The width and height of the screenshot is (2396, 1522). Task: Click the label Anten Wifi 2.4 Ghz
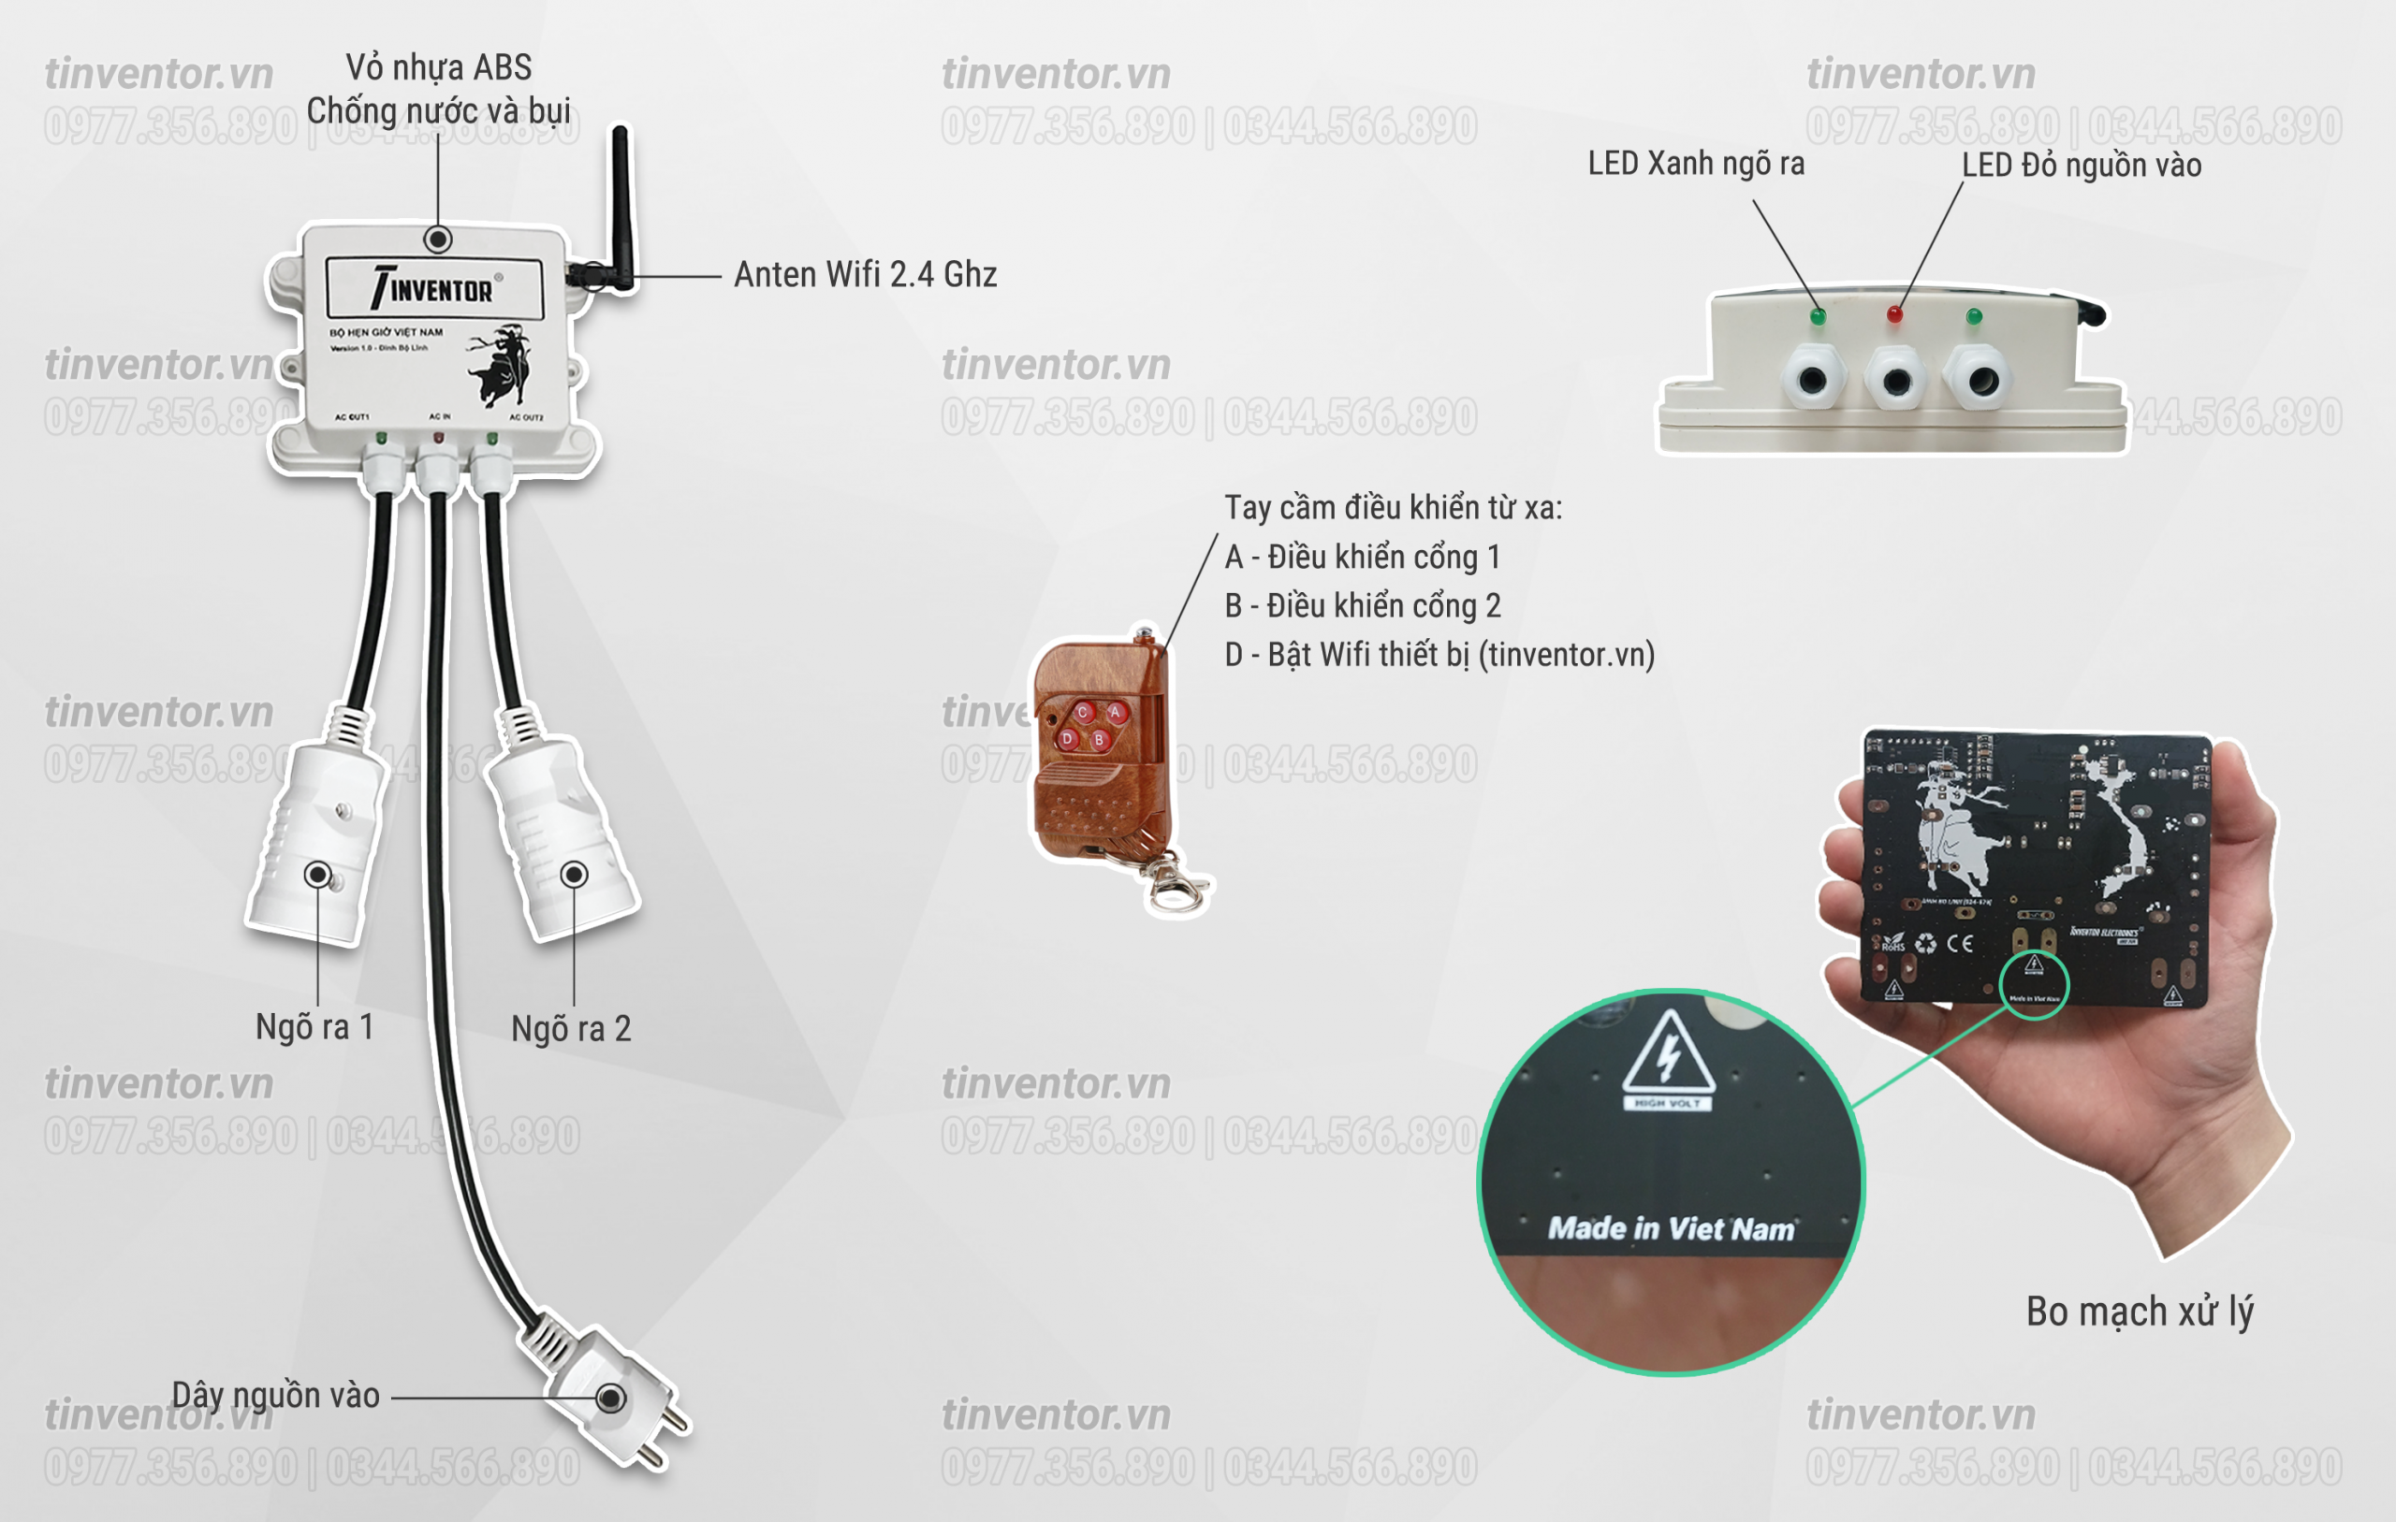click(x=865, y=274)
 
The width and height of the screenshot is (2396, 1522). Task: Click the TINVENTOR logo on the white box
click(x=434, y=288)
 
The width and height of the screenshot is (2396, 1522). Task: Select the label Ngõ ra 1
click(x=314, y=1026)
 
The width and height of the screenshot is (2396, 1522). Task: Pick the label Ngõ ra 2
click(x=571, y=1029)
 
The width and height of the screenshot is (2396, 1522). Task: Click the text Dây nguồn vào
click(x=275, y=1395)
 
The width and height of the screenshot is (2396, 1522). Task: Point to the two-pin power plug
click(x=612, y=1398)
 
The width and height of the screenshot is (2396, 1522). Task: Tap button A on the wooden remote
click(x=1116, y=712)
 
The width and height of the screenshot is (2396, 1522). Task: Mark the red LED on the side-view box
click(x=1894, y=315)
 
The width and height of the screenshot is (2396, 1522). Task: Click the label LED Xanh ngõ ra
click(x=1696, y=163)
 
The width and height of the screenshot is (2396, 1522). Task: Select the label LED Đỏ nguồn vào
click(x=2082, y=166)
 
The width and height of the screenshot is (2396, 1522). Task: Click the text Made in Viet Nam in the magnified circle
click(x=1672, y=1228)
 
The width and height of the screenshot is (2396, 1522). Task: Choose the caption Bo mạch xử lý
click(x=2140, y=1312)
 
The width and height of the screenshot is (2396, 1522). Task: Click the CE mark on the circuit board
click(x=1960, y=942)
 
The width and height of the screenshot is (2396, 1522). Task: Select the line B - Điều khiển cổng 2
click(x=1362, y=606)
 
